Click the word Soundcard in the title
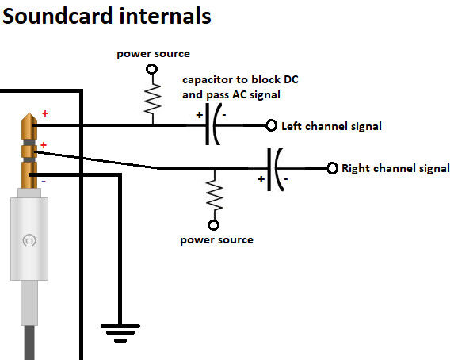(x=58, y=16)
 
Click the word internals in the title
(x=165, y=16)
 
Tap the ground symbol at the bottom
(x=120, y=333)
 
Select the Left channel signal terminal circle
(x=271, y=125)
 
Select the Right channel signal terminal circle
(x=332, y=168)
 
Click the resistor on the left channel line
(x=152, y=99)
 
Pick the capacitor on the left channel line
(x=212, y=124)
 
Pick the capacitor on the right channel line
(x=275, y=170)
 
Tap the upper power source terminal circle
(x=152, y=70)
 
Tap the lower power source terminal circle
(x=213, y=225)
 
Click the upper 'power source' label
(x=154, y=54)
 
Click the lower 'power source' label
(x=217, y=240)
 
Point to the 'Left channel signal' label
(x=331, y=126)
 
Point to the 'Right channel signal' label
(x=395, y=168)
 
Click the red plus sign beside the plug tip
(x=45, y=113)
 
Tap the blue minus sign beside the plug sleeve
(x=44, y=182)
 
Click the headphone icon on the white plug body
(x=29, y=240)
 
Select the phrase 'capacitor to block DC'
(x=240, y=79)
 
